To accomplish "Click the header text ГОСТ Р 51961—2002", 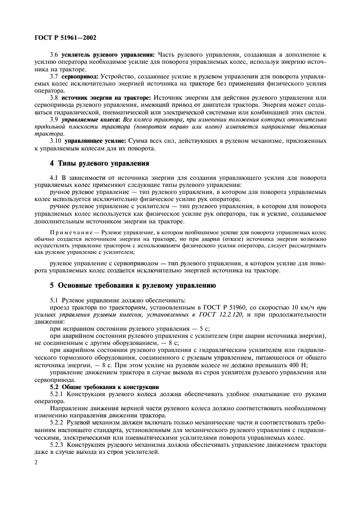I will (66, 38).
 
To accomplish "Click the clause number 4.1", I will (54, 178).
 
